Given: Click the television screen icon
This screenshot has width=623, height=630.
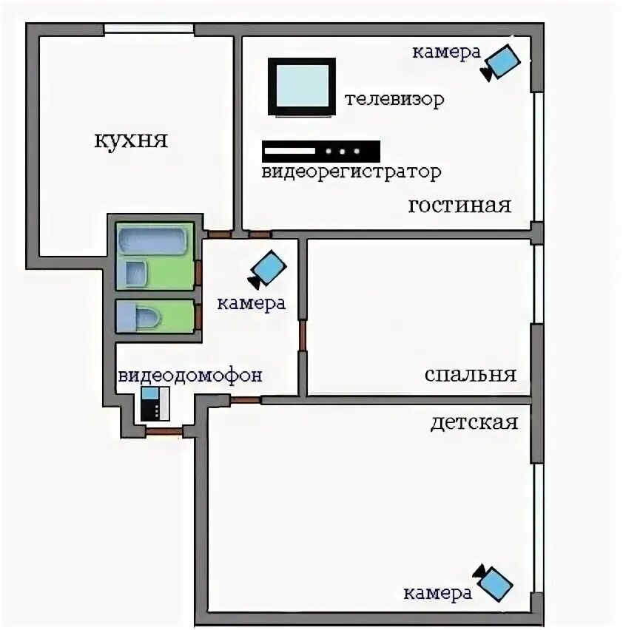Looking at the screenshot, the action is point(302,87).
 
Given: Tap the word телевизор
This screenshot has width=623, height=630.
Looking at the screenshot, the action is point(394,99).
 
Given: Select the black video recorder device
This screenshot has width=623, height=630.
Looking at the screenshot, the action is point(320,151).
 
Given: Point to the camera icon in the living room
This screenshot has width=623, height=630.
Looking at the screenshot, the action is point(500,63).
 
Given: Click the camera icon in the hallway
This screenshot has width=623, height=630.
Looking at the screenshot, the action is point(267,269).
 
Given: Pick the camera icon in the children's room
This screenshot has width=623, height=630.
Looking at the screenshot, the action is point(493,583).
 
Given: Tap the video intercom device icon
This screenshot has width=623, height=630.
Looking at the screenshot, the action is point(155,404).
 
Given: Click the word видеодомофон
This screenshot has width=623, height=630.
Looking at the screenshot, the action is point(189,376).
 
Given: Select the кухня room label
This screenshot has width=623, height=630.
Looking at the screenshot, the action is point(131,141).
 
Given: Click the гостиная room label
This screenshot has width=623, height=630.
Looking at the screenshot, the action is point(459,206).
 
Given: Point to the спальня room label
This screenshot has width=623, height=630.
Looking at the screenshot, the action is point(471,375).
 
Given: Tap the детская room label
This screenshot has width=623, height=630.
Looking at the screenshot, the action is point(474,423).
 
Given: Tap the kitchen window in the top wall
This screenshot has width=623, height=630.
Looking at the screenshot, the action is point(149,30).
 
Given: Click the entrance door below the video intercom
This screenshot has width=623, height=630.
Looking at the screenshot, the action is point(164,432).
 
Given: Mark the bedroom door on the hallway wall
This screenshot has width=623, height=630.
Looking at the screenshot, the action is point(303,336).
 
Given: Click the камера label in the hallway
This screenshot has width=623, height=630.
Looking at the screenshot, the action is point(252,303).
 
